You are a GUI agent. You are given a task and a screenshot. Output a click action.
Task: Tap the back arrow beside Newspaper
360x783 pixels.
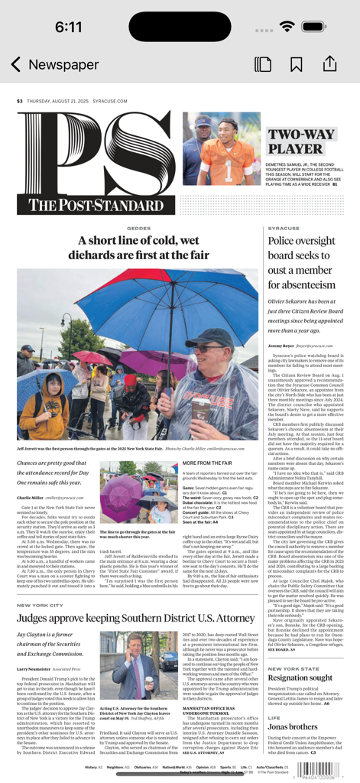click(15, 64)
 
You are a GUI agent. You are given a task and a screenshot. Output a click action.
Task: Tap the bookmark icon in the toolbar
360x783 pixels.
click(296, 64)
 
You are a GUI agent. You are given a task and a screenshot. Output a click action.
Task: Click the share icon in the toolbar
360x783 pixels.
click(329, 63)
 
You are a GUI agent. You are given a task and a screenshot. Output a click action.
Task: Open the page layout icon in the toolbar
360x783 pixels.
click(262, 64)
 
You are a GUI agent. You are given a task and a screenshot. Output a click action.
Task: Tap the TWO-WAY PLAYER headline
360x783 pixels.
click(300, 142)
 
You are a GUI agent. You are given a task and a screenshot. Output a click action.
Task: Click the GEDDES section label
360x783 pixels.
click(138, 229)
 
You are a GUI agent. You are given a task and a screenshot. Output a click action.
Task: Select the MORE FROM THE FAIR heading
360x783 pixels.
click(206, 463)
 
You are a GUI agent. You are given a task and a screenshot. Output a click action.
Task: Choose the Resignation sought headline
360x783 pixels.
click(300, 678)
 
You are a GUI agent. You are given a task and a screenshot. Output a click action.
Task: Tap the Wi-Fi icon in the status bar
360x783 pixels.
click(287, 27)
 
